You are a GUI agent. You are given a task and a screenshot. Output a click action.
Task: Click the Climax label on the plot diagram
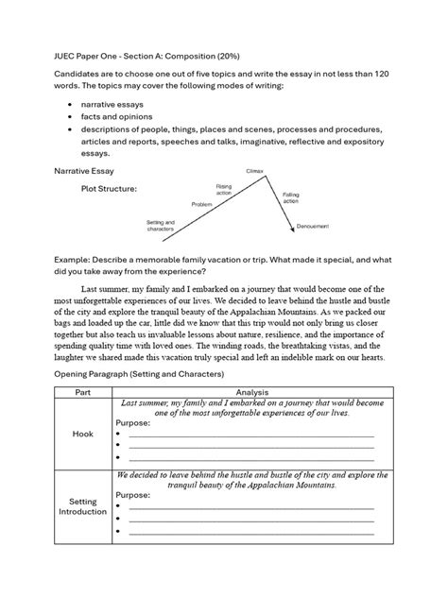253,171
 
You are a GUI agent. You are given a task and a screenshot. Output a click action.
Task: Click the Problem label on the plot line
202,203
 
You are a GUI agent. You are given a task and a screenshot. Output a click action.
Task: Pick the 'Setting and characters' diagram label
161,226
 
